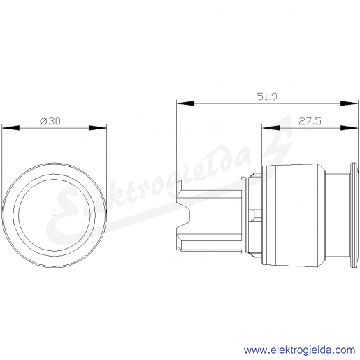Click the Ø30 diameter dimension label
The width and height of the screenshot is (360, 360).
click(x=50, y=121)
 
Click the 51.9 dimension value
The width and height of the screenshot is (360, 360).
click(x=267, y=96)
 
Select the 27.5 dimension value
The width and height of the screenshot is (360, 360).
click(x=310, y=121)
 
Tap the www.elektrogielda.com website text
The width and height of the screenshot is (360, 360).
click(x=299, y=350)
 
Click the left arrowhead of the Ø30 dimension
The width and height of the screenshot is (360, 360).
click(x=10, y=127)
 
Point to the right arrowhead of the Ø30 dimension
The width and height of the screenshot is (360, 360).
click(x=98, y=127)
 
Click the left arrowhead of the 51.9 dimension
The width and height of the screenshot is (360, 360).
click(x=185, y=103)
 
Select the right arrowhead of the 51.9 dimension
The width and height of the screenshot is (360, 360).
click(x=349, y=103)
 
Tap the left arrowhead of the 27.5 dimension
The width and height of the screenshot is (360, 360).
click(x=271, y=127)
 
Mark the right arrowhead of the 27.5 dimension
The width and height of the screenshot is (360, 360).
click(x=349, y=127)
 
